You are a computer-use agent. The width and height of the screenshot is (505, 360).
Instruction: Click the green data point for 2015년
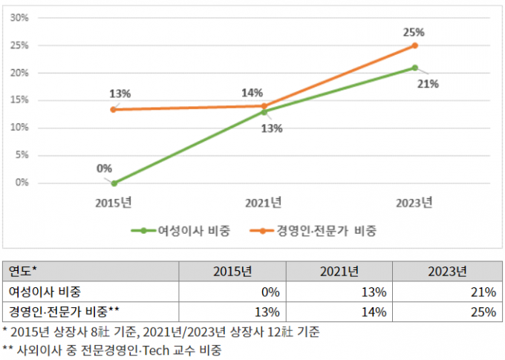[114, 183]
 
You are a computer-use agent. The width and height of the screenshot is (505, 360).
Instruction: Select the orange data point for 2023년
[414, 45]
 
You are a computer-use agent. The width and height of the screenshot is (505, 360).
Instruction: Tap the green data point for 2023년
[414, 68]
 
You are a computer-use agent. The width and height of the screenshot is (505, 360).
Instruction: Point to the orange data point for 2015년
[114, 110]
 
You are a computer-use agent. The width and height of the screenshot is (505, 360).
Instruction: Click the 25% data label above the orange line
[414, 32]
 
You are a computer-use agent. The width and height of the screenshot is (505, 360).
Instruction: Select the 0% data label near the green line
[104, 168]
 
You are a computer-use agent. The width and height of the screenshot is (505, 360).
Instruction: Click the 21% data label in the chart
[429, 84]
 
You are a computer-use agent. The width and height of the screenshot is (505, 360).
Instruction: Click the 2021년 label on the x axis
[264, 203]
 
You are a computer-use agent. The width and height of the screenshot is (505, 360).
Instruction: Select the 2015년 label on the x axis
[114, 203]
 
